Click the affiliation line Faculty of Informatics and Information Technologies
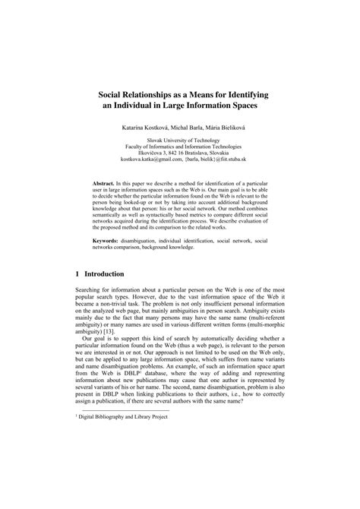(179, 146)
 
